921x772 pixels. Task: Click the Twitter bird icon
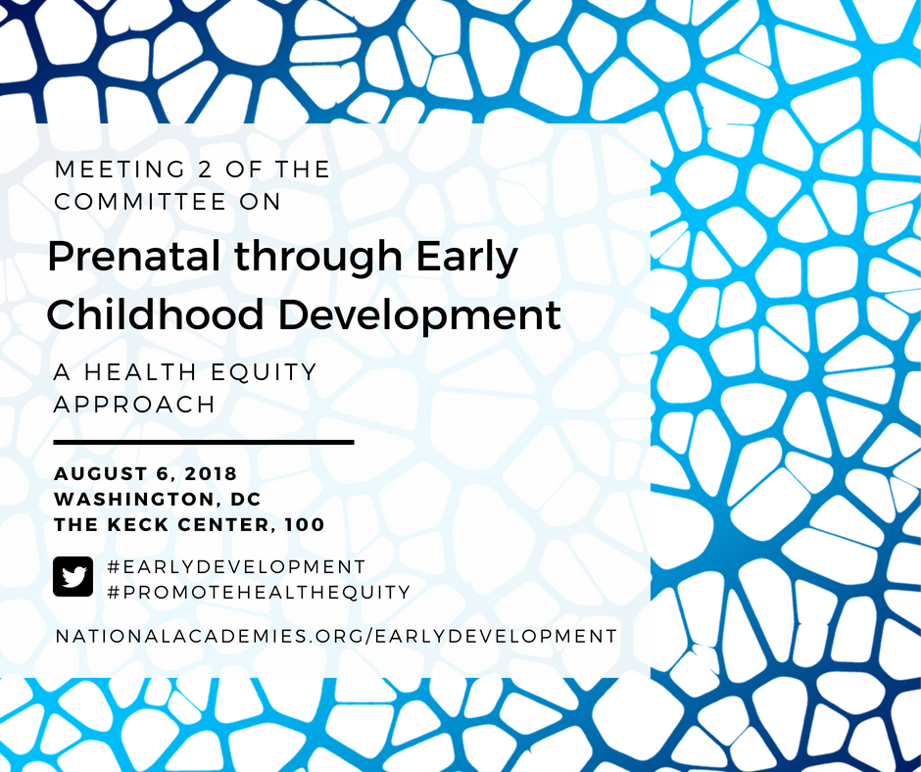coord(73,576)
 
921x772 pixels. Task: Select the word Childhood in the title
coord(155,314)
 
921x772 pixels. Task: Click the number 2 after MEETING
coord(205,169)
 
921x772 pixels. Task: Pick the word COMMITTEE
coord(140,202)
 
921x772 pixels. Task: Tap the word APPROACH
coord(134,405)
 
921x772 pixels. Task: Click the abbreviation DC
coord(246,499)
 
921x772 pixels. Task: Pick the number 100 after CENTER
coord(305,524)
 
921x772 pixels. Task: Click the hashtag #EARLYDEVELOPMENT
coord(237,566)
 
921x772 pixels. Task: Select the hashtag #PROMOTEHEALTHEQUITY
coord(259,592)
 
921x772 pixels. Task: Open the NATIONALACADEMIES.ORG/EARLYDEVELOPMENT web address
coord(336,636)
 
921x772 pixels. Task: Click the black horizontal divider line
coord(204,442)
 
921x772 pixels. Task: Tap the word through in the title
coord(318,258)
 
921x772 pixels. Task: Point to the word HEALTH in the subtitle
coord(140,371)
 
